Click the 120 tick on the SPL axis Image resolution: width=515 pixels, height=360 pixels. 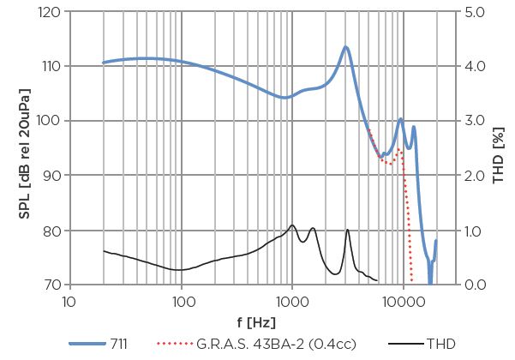[x=50, y=13]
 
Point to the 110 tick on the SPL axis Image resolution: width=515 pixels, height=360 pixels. [x=50, y=66]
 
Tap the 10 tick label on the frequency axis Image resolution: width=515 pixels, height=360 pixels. [x=71, y=301]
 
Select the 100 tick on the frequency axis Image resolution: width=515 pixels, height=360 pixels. [x=182, y=301]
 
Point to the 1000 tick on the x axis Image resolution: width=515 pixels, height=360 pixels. [x=292, y=301]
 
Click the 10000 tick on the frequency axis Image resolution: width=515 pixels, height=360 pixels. [x=402, y=301]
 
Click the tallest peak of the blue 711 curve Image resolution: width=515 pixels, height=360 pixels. [x=346, y=47]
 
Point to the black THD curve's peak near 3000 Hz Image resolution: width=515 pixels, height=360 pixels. [x=347, y=230]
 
